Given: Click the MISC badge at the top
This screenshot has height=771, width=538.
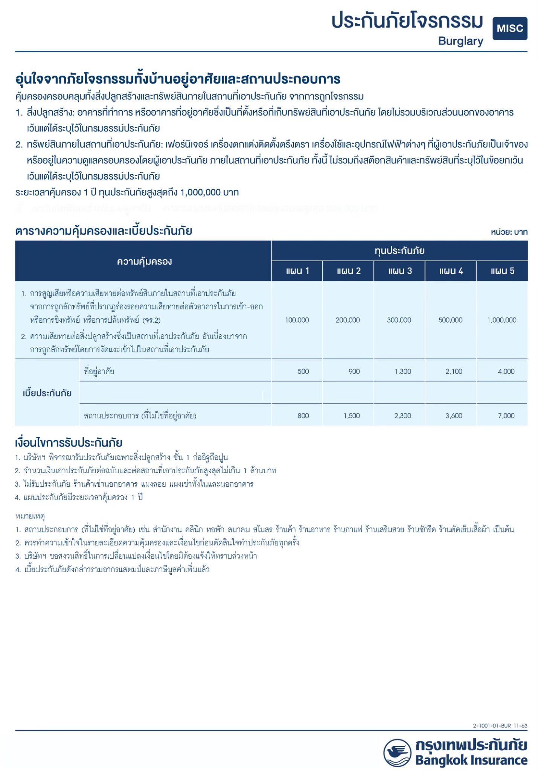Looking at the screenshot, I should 509,29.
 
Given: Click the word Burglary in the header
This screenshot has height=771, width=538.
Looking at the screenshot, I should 460,41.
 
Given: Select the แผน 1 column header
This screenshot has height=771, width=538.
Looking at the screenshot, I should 297,271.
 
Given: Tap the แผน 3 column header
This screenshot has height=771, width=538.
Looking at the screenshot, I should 399,271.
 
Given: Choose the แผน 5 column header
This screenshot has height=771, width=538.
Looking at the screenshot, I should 502,271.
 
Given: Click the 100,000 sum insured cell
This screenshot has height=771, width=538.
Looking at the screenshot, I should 297,320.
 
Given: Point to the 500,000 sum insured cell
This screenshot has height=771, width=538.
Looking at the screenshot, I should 450,320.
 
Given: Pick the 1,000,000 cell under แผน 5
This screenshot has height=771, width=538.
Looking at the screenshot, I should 501,320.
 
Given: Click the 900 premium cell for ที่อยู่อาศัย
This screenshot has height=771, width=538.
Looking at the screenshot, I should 354,372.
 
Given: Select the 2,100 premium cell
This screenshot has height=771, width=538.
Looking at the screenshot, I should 454,372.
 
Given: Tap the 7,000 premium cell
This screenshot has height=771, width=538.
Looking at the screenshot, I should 506,416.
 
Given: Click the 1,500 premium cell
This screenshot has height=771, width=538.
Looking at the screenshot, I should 352,416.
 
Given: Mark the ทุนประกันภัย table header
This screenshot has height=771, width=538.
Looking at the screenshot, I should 399,251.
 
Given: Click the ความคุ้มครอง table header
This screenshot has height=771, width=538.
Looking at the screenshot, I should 144,261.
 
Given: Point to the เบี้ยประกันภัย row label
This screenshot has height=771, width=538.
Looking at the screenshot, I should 47,393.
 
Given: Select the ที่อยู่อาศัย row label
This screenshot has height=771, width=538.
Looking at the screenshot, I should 99,372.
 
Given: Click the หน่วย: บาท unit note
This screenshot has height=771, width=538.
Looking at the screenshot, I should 509,232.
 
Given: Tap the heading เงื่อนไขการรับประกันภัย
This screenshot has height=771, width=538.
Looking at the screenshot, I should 69,442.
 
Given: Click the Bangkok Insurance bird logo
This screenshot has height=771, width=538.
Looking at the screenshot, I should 397,753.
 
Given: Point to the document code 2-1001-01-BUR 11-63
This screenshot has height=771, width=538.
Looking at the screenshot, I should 500,725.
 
